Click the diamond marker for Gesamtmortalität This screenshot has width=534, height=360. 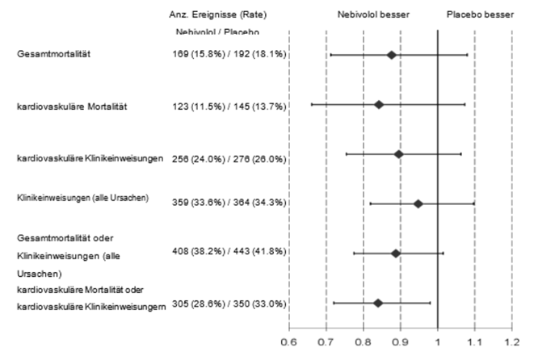pos(392,55)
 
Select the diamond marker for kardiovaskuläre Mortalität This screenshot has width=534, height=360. pos(379,105)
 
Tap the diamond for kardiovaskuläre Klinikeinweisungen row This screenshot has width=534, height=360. pos(398,153)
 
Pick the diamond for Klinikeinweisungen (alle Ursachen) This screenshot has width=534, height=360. pos(418,203)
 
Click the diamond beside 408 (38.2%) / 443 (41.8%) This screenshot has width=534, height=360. pos(396,253)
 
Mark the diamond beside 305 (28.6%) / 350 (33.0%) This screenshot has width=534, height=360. pos(378,303)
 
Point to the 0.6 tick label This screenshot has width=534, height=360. pos(289,342)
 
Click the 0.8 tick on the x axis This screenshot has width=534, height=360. pos(364,342)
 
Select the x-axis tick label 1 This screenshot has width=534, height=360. pos(438,342)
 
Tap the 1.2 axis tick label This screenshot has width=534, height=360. pos(511,342)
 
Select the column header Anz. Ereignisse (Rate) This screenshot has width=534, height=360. pos(217,15)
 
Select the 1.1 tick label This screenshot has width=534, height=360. pos(475,342)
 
